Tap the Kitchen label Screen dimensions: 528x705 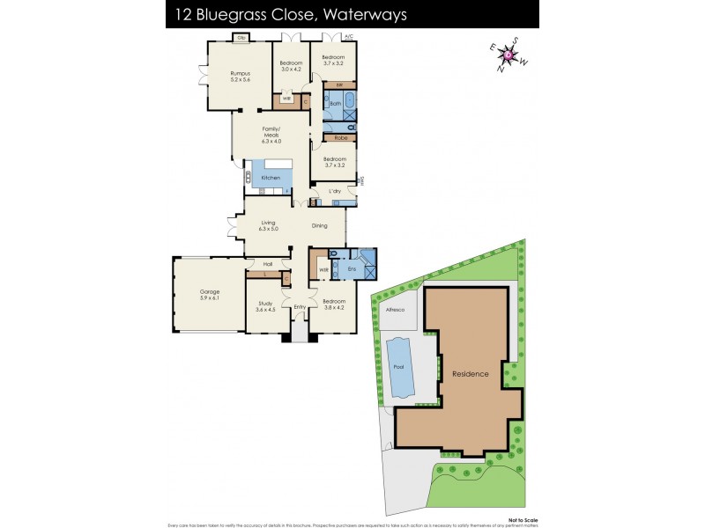[x=271, y=178]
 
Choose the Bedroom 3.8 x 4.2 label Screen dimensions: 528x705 [x=335, y=305]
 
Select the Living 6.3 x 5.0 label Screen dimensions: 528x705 [x=269, y=225]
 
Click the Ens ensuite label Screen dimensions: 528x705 [x=351, y=268]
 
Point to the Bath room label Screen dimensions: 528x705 [x=335, y=103]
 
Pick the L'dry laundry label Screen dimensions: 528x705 [x=335, y=191]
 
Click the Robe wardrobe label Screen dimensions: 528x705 [x=339, y=138]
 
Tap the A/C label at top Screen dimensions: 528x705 [x=348, y=37]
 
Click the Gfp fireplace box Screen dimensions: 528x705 [x=240, y=38]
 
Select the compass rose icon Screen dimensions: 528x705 [x=508, y=55]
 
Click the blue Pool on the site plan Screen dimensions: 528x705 [x=402, y=367]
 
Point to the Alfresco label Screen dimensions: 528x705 [x=394, y=310]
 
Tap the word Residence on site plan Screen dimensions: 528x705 [x=470, y=374]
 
